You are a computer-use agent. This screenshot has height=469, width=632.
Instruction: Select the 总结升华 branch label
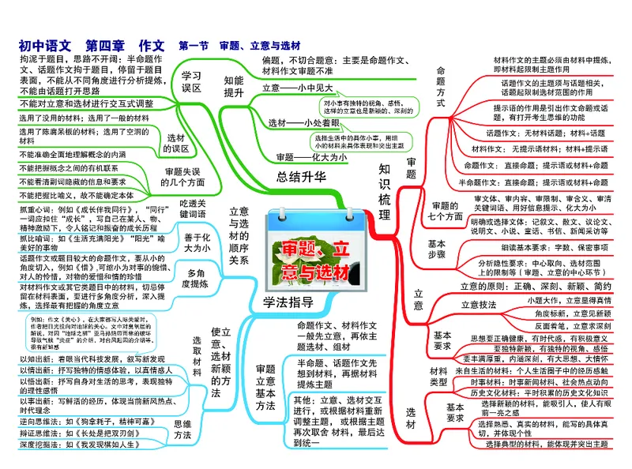[302, 176]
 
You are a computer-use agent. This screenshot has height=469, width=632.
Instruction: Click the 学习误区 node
[191, 82]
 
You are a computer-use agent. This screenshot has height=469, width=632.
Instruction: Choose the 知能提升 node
[234, 86]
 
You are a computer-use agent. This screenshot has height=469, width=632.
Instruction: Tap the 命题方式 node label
[441, 87]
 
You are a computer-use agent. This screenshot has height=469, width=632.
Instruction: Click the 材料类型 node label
[438, 376]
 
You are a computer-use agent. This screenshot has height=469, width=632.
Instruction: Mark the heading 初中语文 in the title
[45, 45]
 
